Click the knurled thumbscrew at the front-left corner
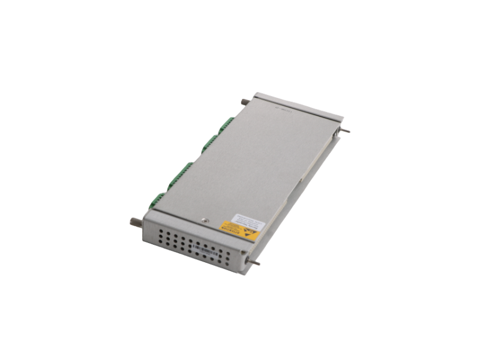pyautogui.click(x=135, y=221)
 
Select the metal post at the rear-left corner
pyautogui.click(x=245, y=103)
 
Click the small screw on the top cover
pyautogui.click(x=204, y=220)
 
